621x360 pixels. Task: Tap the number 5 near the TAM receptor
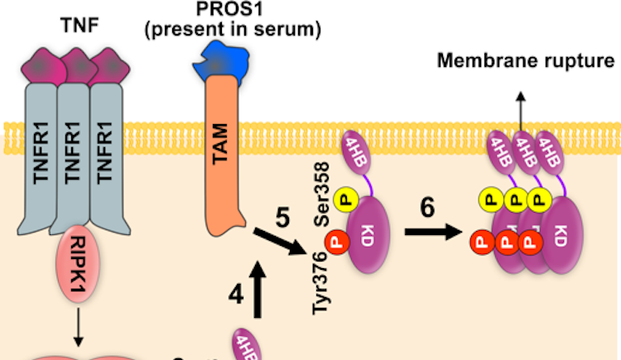282,220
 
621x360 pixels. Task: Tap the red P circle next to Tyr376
336,242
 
